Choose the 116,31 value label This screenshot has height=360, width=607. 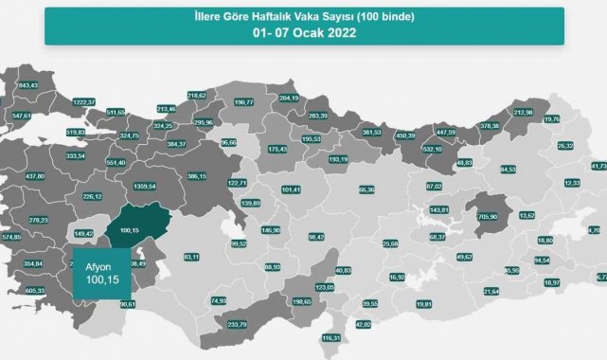(331, 337)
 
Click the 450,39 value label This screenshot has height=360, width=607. (405, 135)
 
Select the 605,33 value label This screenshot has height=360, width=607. (32, 291)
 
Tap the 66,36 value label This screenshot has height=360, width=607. (368, 189)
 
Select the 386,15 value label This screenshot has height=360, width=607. (197, 176)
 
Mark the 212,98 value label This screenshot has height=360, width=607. (525, 113)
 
